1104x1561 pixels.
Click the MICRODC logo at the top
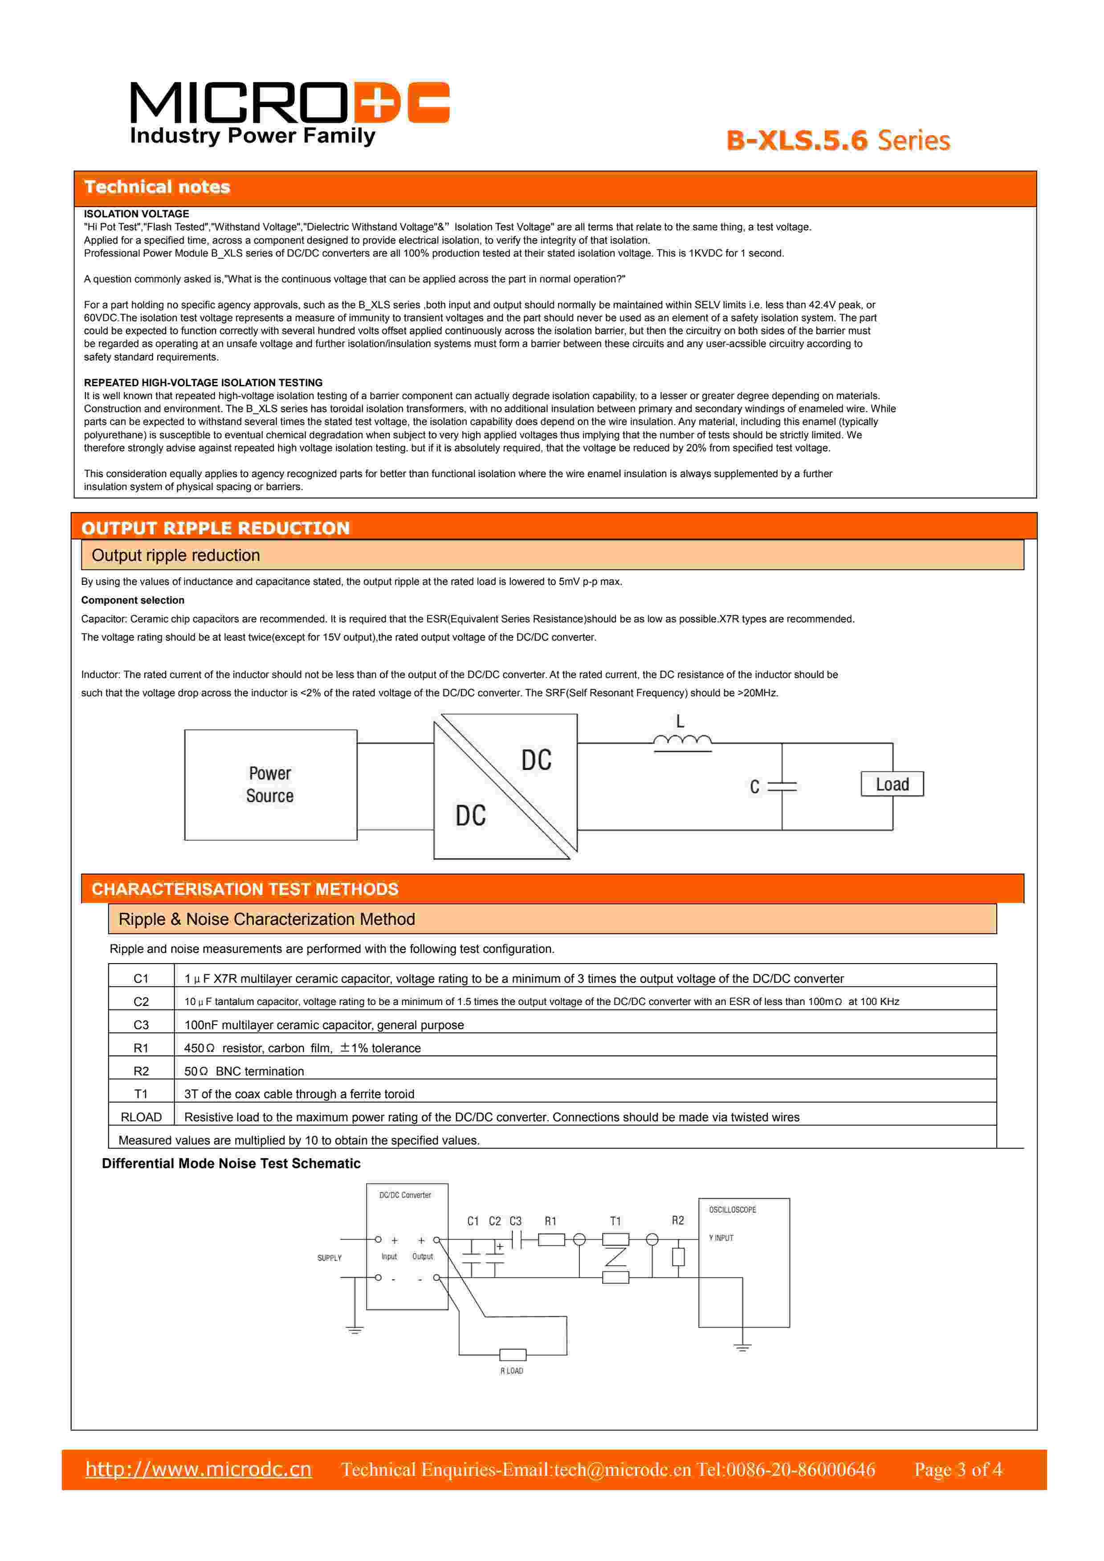[289, 112]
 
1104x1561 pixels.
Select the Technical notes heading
[157, 187]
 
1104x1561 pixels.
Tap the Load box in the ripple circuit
[892, 784]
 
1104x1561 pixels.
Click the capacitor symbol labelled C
[782, 787]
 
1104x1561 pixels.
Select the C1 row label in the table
[141, 978]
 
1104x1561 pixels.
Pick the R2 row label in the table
[141, 1071]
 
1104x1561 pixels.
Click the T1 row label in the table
[141, 1094]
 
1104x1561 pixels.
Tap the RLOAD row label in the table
[141, 1117]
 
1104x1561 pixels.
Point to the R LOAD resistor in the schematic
[513, 1354]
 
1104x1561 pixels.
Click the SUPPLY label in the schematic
[329, 1258]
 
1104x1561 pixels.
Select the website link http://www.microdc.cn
[199, 1469]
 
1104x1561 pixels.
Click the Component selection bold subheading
[133, 601]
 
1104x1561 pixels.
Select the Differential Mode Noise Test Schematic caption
[231, 1163]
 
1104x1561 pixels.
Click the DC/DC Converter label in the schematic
[405, 1194]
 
